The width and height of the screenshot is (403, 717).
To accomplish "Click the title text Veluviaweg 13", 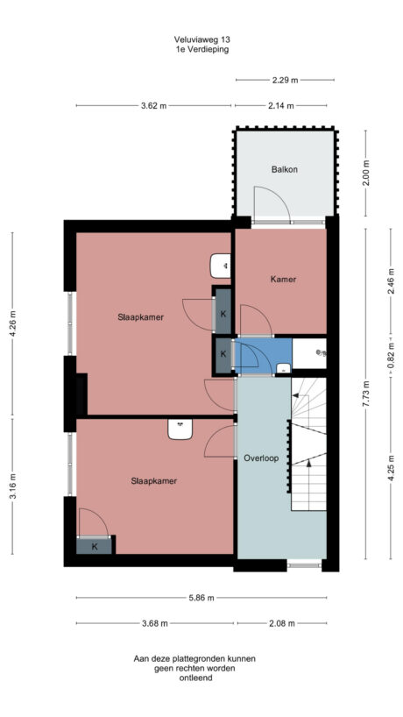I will coord(202,39).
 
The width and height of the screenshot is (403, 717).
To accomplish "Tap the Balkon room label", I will coord(284,169).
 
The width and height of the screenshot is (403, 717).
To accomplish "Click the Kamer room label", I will coord(282,280).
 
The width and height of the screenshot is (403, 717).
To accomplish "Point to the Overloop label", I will coord(261,458).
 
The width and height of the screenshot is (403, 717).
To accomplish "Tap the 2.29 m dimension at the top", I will coord(285,80).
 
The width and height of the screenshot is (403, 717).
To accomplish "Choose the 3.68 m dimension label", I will coord(155,624).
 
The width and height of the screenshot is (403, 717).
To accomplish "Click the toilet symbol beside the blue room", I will coord(322,353).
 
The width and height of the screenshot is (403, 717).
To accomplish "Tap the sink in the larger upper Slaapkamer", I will coord(221,264).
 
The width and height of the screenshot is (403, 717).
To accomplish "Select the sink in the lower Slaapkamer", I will coord(180,429).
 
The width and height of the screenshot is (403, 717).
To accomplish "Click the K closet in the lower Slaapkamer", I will coord(95,546).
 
